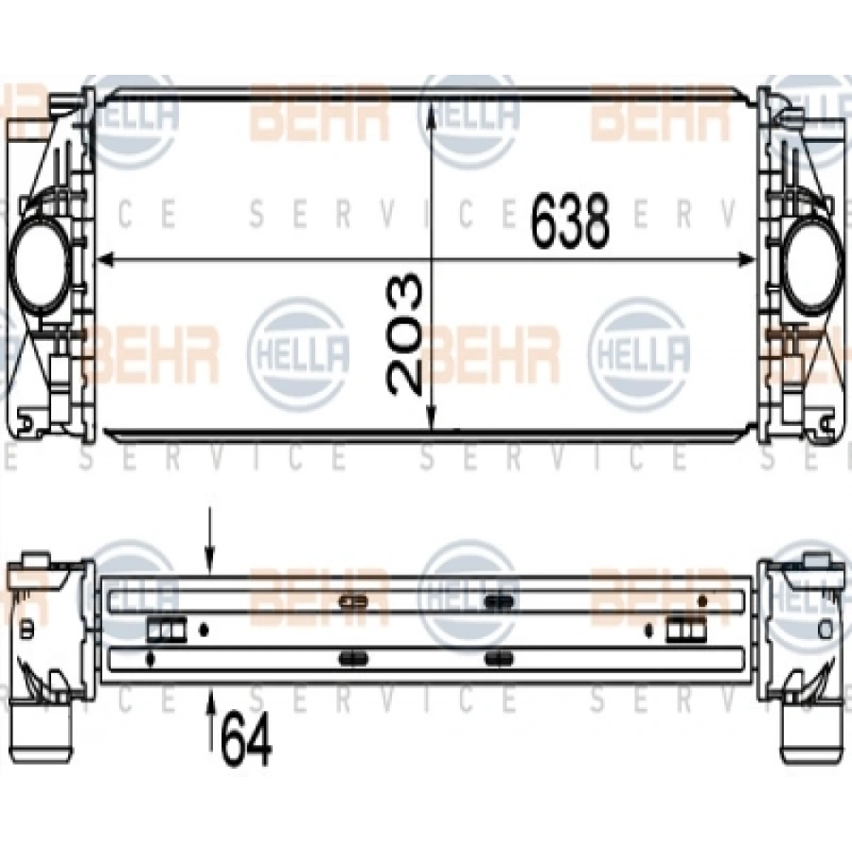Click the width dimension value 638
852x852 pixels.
[x=569, y=222]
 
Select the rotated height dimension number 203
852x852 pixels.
[x=405, y=335]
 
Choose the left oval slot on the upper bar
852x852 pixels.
[x=353, y=600]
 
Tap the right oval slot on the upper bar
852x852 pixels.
[x=498, y=600]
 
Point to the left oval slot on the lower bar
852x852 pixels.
[x=353, y=657]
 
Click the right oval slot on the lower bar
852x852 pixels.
[x=498, y=657]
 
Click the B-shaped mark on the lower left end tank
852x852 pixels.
[x=26, y=627]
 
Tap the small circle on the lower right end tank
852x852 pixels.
[x=825, y=628]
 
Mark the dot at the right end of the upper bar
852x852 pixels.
[x=702, y=600]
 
